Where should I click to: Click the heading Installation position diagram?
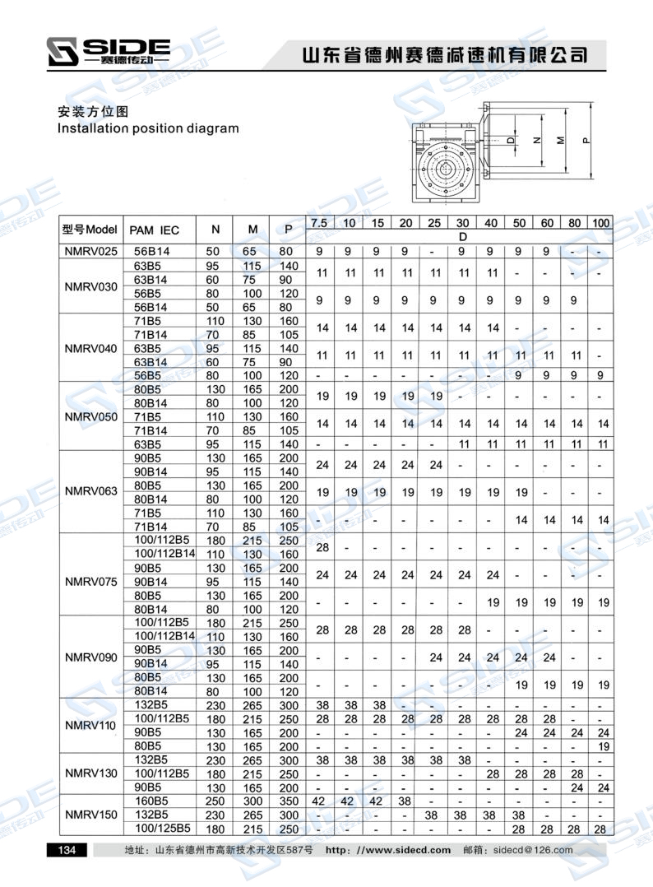click(148, 128)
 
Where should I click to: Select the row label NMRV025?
click(90, 251)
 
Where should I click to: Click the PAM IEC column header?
click(155, 230)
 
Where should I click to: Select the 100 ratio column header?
click(601, 224)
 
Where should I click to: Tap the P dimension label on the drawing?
click(586, 140)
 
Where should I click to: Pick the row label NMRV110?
click(90, 725)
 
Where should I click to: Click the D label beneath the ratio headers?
click(461, 237)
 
